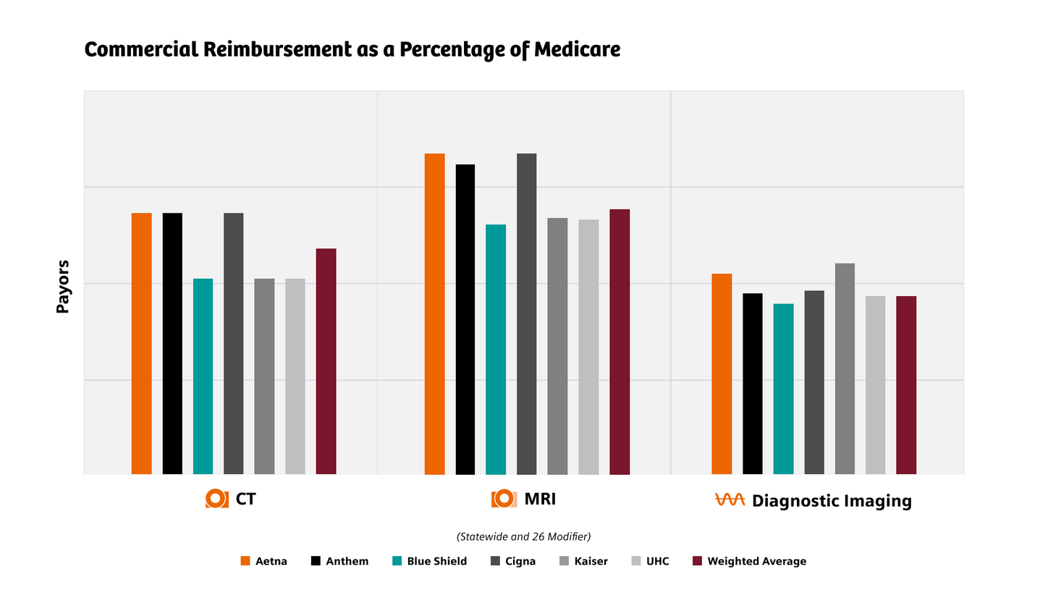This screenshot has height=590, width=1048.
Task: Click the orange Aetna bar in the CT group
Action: point(142,344)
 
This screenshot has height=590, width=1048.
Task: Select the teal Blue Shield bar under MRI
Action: point(496,350)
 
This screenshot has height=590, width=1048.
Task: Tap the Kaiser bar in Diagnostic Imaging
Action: point(845,369)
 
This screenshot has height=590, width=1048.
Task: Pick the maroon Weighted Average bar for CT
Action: point(326,361)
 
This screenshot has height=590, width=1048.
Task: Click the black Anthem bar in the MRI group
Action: point(465,319)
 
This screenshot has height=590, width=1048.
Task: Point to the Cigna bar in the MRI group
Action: point(526,314)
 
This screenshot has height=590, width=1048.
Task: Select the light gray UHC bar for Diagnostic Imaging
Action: point(875,385)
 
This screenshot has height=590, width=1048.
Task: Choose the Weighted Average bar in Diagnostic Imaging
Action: point(906,385)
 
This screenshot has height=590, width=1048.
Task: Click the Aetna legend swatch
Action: point(245,561)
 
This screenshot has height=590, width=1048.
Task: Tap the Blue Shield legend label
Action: point(436,561)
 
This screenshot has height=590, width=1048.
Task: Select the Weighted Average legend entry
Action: point(756,561)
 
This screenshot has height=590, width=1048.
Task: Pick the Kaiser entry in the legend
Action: point(591,561)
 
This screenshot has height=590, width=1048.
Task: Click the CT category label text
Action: point(245,500)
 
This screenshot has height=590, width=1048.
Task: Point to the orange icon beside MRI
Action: point(504,499)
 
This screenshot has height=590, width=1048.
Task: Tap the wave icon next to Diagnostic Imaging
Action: point(730,500)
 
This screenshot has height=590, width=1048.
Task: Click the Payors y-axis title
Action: point(63,287)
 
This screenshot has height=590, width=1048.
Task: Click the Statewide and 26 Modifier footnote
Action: point(523,536)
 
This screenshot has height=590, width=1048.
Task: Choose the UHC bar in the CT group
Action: point(295,376)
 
